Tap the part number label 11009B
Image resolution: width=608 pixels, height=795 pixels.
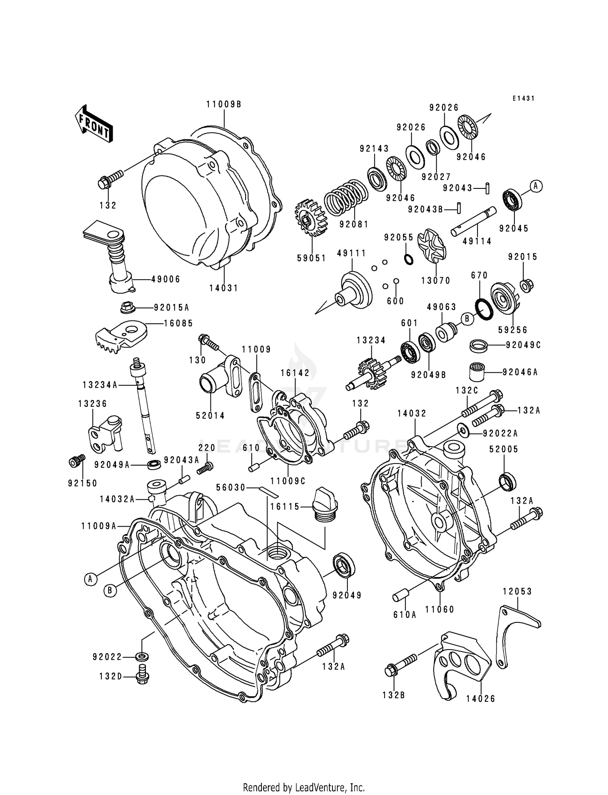point(224,105)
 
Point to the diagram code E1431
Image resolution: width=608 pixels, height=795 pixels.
point(523,98)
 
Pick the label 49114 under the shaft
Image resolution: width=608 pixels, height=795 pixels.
point(477,241)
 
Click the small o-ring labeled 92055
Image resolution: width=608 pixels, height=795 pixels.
point(409,259)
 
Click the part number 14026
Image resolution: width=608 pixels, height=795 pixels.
point(480,699)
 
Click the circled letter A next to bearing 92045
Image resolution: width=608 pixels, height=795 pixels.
point(536,186)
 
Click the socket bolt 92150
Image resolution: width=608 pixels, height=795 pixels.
point(77,461)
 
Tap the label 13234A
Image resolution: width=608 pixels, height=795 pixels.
point(100,385)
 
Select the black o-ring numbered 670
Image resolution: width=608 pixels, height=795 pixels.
point(483,308)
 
